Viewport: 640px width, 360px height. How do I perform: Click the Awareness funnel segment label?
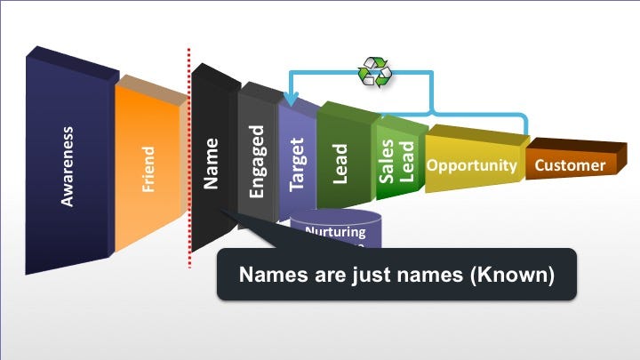coord(68,166)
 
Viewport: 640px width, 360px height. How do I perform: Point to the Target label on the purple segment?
coord(297,164)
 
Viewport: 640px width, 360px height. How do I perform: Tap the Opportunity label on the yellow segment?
coord(471,165)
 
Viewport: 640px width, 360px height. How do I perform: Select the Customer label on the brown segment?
coord(570,165)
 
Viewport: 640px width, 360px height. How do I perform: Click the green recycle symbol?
coord(374,72)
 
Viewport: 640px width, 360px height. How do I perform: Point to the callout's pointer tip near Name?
coord(223,211)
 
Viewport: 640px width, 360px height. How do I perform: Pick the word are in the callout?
coord(322,275)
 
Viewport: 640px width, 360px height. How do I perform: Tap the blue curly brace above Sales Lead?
coord(431,114)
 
